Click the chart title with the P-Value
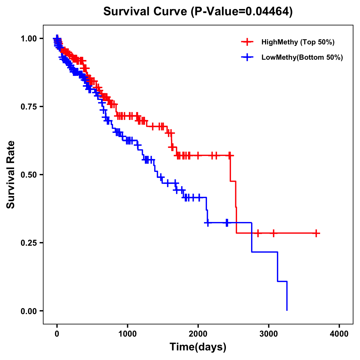(x=198, y=11)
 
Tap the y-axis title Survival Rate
(x=11, y=174)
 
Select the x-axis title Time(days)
(x=198, y=347)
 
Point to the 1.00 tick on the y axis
(x=29, y=38)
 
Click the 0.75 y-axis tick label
(x=29, y=106)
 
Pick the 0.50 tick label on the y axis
(x=29, y=175)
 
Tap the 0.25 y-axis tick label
(x=29, y=243)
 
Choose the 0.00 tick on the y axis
(x=29, y=311)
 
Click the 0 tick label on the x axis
(x=57, y=334)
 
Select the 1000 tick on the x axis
(x=127, y=334)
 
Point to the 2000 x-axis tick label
(x=198, y=334)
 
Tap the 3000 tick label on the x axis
(x=269, y=334)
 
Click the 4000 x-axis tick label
(x=339, y=334)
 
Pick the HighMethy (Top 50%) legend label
(x=298, y=42)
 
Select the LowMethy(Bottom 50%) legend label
(x=302, y=57)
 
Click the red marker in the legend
(x=247, y=42)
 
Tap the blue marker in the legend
(x=247, y=57)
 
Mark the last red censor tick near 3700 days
(x=316, y=233)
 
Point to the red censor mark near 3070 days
(x=273, y=233)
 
